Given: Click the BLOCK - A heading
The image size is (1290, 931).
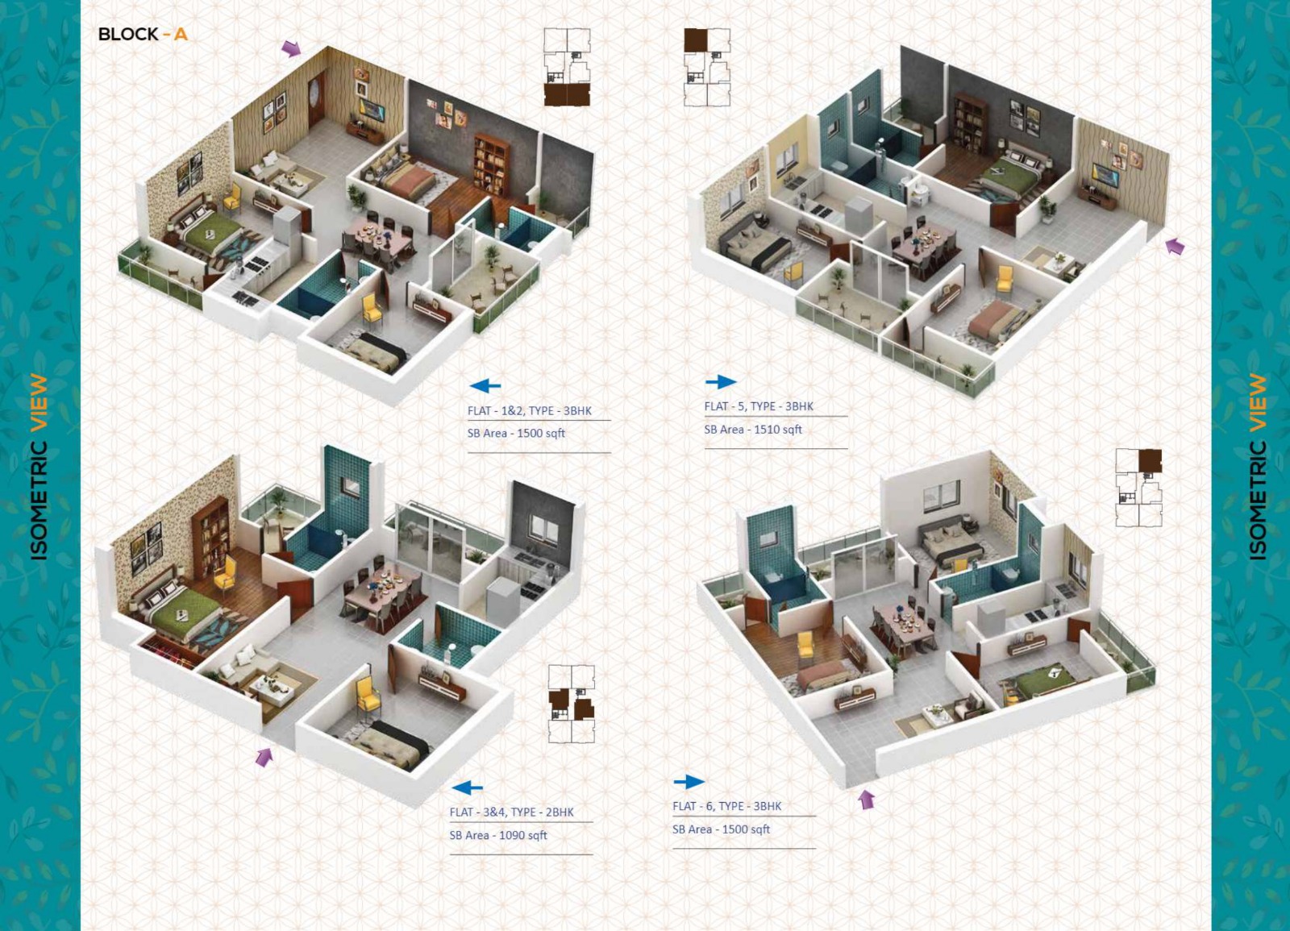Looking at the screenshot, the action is pyautogui.click(x=143, y=35).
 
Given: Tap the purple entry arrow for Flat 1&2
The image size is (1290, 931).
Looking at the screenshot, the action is pyautogui.click(x=291, y=49).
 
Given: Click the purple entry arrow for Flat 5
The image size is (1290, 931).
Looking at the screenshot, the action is pyautogui.click(x=1175, y=247).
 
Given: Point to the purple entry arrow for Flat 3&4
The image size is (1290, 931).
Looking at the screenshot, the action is pyautogui.click(x=264, y=757).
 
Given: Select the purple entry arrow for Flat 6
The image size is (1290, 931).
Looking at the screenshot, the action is pyautogui.click(x=866, y=799).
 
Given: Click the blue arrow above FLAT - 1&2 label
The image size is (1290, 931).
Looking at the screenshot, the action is pyautogui.click(x=485, y=386).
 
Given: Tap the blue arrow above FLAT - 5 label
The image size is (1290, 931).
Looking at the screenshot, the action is pyautogui.click(x=721, y=381).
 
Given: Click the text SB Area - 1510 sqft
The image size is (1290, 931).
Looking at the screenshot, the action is pyautogui.click(x=753, y=430).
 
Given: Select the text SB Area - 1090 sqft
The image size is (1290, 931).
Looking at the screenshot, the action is pyautogui.click(x=498, y=835).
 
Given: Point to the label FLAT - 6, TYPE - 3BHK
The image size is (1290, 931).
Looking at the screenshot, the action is pyautogui.click(x=726, y=806).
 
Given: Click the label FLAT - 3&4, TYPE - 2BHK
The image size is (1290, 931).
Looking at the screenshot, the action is pyautogui.click(x=511, y=812).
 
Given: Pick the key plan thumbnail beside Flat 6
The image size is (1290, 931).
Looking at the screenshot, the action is pyautogui.click(x=1138, y=488).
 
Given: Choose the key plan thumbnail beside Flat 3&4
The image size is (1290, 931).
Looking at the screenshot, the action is pyautogui.click(x=571, y=704).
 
